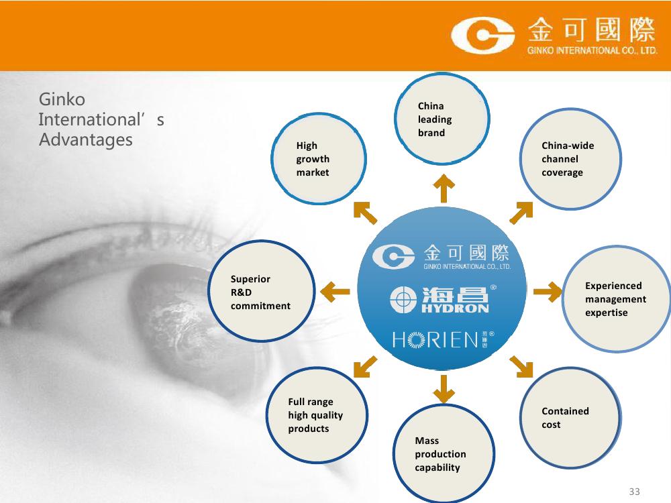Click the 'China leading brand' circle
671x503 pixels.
pyautogui.click(x=442, y=119)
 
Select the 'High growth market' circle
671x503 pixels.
pyautogui.click(x=318, y=158)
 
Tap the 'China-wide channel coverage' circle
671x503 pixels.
pyautogui.click(x=570, y=159)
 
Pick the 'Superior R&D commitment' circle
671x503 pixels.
pyautogui.click(x=262, y=291)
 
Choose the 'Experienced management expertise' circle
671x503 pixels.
pyautogui.click(x=615, y=298)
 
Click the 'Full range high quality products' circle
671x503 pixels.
pyautogui.click(x=317, y=415)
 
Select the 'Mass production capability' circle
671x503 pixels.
pyautogui.click(x=444, y=453)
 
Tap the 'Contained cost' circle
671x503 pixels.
pyautogui.click(x=570, y=417)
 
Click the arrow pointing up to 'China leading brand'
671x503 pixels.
pyautogui.click(x=444, y=188)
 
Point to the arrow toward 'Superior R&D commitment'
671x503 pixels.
pyautogui.click(x=335, y=292)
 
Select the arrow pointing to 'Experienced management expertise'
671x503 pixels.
pyautogui.click(x=548, y=292)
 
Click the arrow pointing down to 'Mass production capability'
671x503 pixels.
pyautogui.click(x=444, y=389)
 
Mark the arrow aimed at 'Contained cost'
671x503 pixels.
pyautogui.click(x=521, y=367)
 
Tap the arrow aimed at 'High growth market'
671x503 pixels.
pyautogui.click(x=365, y=213)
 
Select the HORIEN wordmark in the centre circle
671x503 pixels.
pyautogui.click(x=444, y=339)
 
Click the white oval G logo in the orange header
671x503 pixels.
pyautogui.click(x=482, y=35)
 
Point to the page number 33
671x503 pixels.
pyautogui.click(x=634, y=492)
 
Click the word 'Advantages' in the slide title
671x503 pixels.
pyautogui.click(x=86, y=140)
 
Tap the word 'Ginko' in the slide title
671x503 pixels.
pyautogui.click(x=62, y=100)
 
